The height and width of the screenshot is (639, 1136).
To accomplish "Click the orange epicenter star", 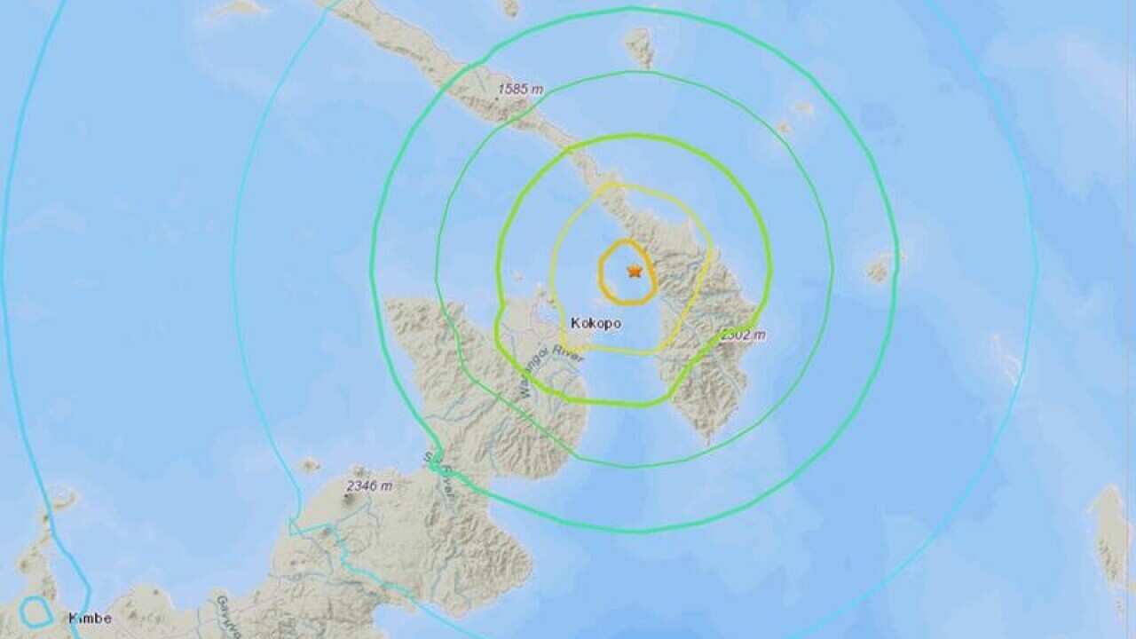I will click(x=634, y=271).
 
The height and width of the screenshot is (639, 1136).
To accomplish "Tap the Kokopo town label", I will click(x=596, y=324).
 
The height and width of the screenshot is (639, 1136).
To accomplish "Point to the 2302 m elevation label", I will click(x=742, y=335).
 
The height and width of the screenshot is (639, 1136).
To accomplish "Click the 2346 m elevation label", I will click(x=369, y=485).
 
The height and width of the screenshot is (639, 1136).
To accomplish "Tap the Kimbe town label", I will click(x=91, y=619).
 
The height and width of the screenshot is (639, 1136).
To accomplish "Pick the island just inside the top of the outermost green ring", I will click(x=639, y=46).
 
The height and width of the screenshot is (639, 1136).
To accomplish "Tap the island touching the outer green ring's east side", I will click(x=880, y=267).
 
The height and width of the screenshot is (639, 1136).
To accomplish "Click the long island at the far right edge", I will click(x=1110, y=532).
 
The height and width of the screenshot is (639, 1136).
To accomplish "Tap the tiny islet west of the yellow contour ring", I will click(x=518, y=276).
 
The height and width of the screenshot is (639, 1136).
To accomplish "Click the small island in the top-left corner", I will click(x=240, y=8).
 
